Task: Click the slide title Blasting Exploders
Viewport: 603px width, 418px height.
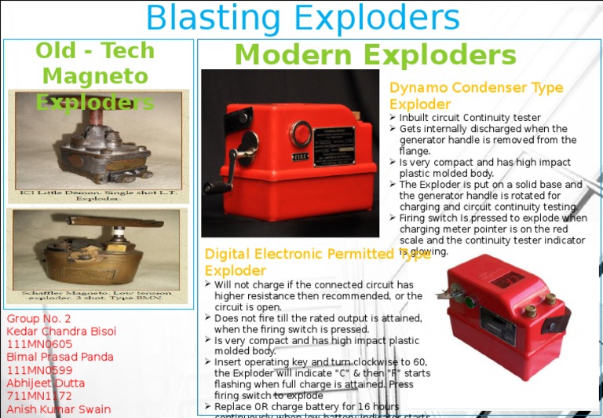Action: tap(302, 18)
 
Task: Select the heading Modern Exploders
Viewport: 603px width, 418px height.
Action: tap(375, 56)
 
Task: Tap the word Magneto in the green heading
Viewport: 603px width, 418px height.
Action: tap(95, 76)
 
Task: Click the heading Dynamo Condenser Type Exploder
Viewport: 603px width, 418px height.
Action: tap(476, 95)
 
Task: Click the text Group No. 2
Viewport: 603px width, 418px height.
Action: tap(38, 319)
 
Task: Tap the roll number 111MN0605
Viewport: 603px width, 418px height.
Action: tap(39, 344)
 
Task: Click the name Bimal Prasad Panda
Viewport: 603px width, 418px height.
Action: tap(60, 357)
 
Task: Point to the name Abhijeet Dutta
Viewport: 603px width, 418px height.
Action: tap(46, 383)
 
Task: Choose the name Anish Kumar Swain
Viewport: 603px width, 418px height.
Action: tap(58, 409)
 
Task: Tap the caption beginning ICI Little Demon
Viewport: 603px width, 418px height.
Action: tap(98, 195)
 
